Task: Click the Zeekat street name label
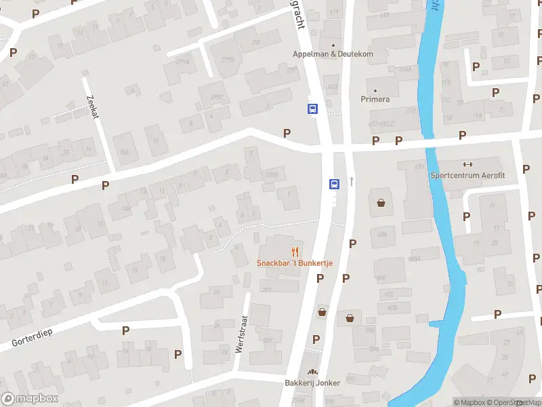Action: point(93,106)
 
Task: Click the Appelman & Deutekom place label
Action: point(333,54)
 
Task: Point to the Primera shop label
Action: point(375,99)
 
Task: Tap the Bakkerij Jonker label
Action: point(312,383)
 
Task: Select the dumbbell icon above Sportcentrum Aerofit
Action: point(466,164)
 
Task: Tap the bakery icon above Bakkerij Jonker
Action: point(312,372)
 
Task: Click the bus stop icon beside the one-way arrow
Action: point(334,184)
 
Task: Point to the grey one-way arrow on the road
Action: point(352,182)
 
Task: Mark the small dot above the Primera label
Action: point(375,90)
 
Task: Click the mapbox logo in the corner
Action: point(30,399)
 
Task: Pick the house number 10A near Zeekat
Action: point(124,151)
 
